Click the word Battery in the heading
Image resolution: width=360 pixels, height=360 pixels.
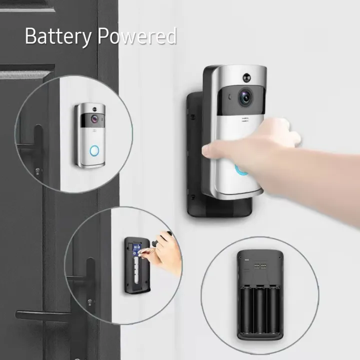(x=58, y=36)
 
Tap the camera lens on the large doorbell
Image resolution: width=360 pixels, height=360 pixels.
(x=245, y=97)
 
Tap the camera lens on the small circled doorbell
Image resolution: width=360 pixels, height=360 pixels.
(x=94, y=119)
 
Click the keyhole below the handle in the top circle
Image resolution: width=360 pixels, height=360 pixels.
(x=37, y=171)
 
